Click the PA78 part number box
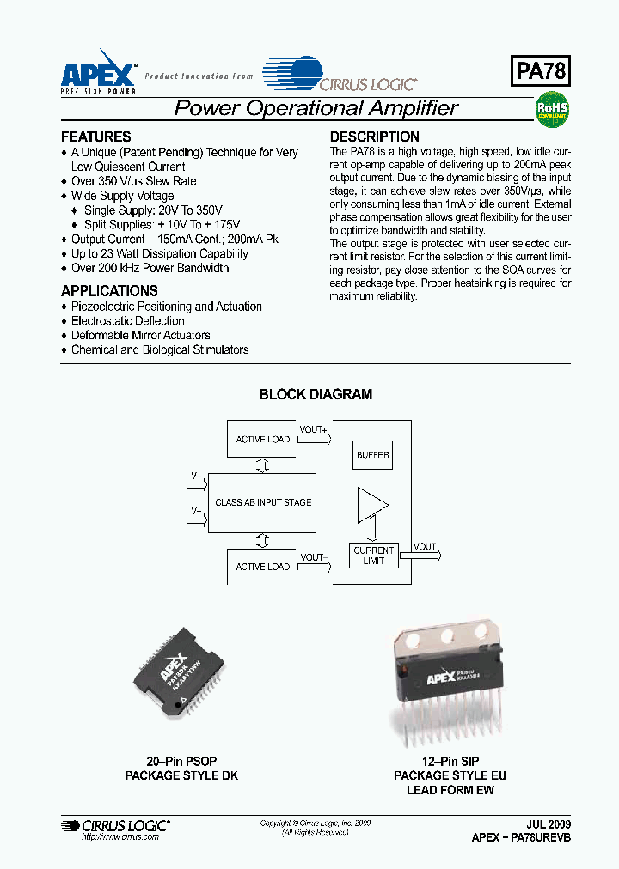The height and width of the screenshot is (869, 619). (x=542, y=71)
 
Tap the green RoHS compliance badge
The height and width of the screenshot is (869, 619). (x=552, y=110)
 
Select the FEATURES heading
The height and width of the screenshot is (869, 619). (x=96, y=137)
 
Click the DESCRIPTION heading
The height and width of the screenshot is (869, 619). (x=375, y=137)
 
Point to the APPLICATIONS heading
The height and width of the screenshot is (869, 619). (x=109, y=291)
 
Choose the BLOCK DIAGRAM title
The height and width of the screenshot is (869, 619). (x=316, y=395)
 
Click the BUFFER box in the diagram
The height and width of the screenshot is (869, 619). (x=373, y=456)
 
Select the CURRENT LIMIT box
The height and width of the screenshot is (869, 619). (x=373, y=556)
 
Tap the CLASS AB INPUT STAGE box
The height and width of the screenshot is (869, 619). (x=263, y=502)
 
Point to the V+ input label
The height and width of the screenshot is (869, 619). (x=196, y=476)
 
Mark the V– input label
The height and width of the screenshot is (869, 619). (x=196, y=512)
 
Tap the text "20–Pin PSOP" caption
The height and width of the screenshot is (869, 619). (x=181, y=762)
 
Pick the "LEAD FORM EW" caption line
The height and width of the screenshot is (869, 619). (x=450, y=790)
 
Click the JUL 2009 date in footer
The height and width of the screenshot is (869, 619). (x=548, y=823)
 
